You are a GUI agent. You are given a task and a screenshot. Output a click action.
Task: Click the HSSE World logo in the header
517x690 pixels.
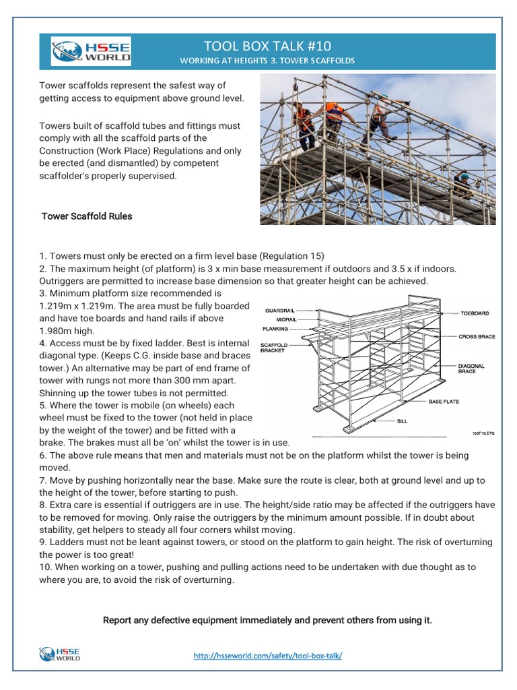click(x=91, y=52)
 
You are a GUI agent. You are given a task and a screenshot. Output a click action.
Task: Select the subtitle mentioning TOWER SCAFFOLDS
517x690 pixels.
click(x=266, y=61)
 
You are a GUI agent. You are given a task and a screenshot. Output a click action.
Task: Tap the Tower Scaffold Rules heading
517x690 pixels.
click(x=87, y=216)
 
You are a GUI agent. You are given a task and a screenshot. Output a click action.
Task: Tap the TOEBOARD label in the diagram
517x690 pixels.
click(x=475, y=313)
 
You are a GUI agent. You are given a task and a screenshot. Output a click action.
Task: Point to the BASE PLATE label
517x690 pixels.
click(x=444, y=401)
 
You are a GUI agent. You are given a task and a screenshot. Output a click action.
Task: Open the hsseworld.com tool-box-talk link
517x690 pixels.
click(x=267, y=655)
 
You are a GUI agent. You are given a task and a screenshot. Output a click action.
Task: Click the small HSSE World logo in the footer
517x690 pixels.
click(x=59, y=654)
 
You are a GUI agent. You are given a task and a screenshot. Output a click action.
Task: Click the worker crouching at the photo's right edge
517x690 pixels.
click(x=463, y=183)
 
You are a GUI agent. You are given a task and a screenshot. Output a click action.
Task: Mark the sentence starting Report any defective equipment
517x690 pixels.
click(x=267, y=620)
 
